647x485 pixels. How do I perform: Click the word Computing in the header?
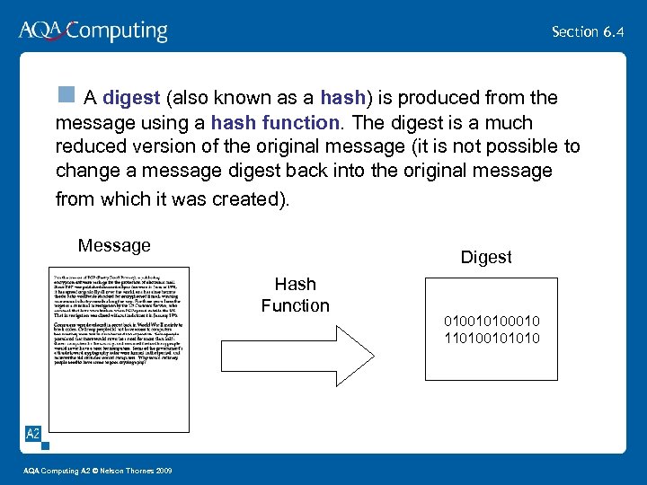[117, 32]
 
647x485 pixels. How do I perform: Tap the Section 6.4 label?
[588, 31]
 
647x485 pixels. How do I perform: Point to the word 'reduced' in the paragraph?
[88, 146]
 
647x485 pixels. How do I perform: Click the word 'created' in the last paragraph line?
[245, 199]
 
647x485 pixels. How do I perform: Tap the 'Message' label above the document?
[114, 245]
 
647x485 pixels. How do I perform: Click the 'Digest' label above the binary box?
[486, 257]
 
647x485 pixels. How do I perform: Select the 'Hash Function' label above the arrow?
[295, 295]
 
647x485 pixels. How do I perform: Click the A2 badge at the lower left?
[32, 435]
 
